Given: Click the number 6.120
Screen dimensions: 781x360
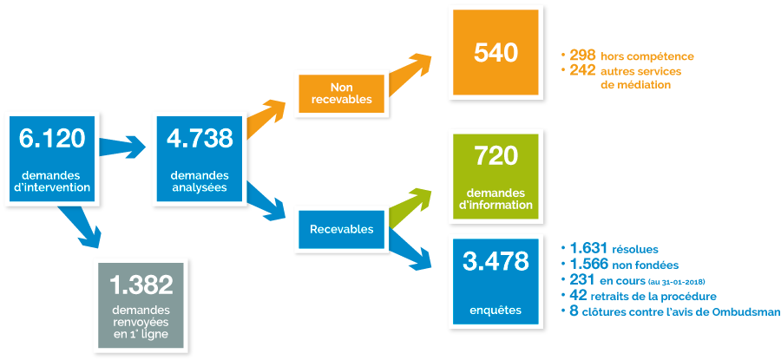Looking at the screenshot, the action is [x=52, y=139].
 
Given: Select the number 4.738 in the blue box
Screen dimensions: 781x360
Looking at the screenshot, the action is [x=200, y=139].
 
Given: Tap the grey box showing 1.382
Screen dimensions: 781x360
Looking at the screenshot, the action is [x=141, y=305].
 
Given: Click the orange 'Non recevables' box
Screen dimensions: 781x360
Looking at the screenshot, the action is [x=341, y=93].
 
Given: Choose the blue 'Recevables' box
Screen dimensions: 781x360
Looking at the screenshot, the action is [x=341, y=230].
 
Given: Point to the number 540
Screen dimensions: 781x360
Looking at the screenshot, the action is [x=496, y=53].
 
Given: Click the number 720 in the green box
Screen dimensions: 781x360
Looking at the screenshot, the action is [x=496, y=157].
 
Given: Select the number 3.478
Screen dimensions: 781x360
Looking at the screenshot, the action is [x=496, y=262].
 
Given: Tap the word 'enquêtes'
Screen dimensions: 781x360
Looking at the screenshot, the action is [x=496, y=311].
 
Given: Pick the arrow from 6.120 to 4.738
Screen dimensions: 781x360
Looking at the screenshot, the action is [x=121, y=147].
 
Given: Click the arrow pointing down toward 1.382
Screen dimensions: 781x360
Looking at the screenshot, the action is [x=80, y=225].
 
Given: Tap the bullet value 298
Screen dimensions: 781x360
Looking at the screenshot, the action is [x=583, y=55].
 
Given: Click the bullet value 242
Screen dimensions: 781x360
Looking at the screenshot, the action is [x=583, y=70].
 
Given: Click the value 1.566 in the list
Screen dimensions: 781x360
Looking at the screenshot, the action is [x=588, y=264].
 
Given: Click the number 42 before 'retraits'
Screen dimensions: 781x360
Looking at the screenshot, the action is [x=578, y=296].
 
